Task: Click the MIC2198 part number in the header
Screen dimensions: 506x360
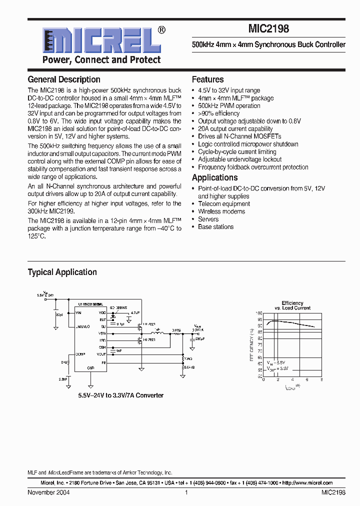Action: pyautogui.click(x=268, y=29)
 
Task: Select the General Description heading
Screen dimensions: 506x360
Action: pyautogui.click(x=64, y=79)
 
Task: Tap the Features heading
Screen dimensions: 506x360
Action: pyautogui.click(x=207, y=79)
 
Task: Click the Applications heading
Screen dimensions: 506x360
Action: pyautogui.click(x=214, y=178)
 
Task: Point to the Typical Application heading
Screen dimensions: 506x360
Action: pyautogui.click(x=62, y=272)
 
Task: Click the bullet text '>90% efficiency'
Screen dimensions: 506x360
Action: pyautogui.click(x=218, y=113)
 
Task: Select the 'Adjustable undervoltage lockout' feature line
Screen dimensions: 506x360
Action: pyautogui.click(x=239, y=159)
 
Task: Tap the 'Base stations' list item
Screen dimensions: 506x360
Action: pyautogui.click(x=215, y=227)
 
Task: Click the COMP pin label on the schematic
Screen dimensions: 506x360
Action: pyautogui.click(x=80, y=353)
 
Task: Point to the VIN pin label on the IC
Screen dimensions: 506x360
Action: pyautogui.click(x=78, y=312)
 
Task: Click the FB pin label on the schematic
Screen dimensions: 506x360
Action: pyautogui.click(x=103, y=361)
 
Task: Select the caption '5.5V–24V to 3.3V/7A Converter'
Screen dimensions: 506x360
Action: pyautogui.click(x=120, y=395)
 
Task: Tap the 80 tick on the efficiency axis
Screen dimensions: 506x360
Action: pyautogui.click(x=259, y=338)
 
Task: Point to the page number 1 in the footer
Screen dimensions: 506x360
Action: pyautogui.click(x=186, y=492)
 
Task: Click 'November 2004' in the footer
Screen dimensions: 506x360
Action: pyautogui.click(x=48, y=492)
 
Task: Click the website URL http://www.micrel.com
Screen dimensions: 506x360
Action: pyautogui.click(x=307, y=483)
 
